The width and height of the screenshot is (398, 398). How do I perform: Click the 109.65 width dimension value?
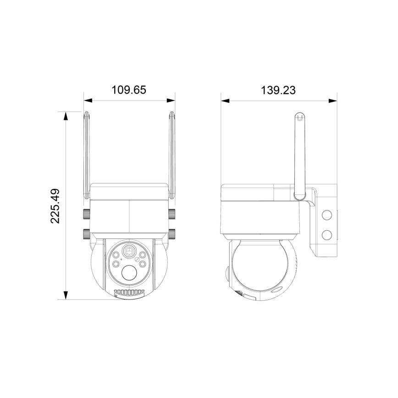coord(129,90)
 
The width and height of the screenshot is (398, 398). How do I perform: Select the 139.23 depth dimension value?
coord(278,90)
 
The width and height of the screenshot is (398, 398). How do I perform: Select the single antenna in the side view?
coord(299,156)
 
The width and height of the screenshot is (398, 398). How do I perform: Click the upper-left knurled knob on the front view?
coord(86,214)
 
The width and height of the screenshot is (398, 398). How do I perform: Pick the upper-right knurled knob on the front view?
coord(172,214)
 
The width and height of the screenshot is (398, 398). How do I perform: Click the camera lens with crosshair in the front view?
coord(129,251)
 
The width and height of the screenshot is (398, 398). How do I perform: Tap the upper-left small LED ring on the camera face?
coord(116,255)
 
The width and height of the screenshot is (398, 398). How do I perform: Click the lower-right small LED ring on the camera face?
coord(143,264)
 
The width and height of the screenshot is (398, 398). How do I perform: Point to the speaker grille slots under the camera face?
coord(129,292)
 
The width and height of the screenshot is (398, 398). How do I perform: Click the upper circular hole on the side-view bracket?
coord(326,215)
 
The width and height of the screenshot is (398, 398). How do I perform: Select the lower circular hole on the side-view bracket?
coord(326,235)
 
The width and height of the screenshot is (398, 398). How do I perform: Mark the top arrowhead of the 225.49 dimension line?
coord(66,116)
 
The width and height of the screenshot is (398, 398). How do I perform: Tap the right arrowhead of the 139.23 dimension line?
coord(333,100)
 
